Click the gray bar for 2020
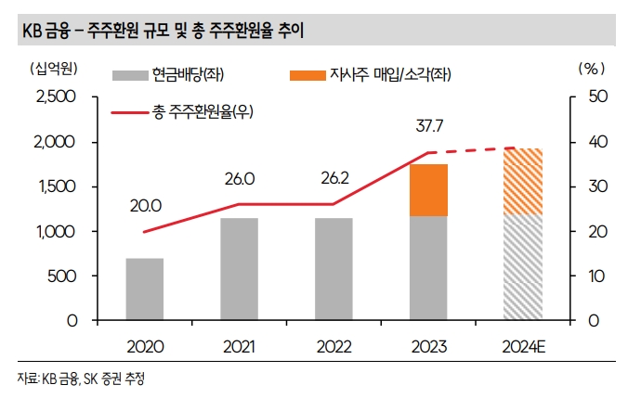coord(144,289)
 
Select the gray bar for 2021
coord(239,269)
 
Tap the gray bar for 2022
coord(334,269)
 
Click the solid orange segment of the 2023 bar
coord(428,190)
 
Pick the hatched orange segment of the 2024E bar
coord(523,181)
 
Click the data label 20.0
coord(146,205)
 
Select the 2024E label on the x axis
coord(523,347)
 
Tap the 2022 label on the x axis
coord(334,347)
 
